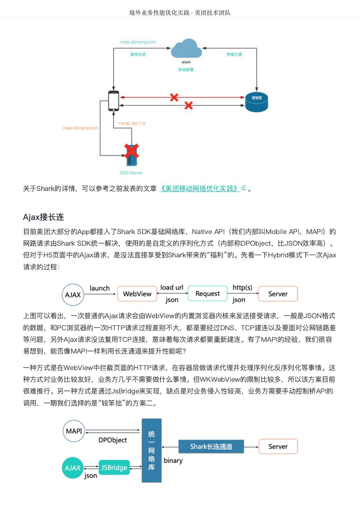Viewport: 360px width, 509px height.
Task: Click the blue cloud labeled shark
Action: pyautogui.click(x=186, y=49)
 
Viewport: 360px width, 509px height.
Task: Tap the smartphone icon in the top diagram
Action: pyautogui.click(x=114, y=101)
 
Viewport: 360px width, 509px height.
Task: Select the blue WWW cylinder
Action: pyautogui.click(x=256, y=102)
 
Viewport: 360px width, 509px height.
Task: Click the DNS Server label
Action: pyautogui.click(x=131, y=173)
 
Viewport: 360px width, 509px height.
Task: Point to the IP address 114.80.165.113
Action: pyautogui.click(x=131, y=123)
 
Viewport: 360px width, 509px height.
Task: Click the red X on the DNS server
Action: pyautogui.click(x=131, y=151)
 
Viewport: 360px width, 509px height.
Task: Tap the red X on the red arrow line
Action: pyautogui.click(x=174, y=97)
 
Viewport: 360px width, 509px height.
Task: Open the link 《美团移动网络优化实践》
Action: pyautogui.click(x=199, y=188)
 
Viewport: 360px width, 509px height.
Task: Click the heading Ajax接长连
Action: pyautogui.click(x=43, y=217)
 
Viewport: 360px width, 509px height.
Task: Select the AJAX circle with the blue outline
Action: pyautogui.click(x=73, y=294)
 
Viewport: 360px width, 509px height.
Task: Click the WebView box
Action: pyautogui.click(x=137, y=294)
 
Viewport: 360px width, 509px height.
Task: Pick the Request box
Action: pyautogui.click(x=207, y=293)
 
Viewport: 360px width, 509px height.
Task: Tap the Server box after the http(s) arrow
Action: pyautogui.click(x=278, y=294)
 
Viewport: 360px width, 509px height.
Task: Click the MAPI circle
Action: pyautogui.click(x=74, y=431)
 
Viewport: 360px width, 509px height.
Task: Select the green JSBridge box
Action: pyautogui.click(x=114, y=468)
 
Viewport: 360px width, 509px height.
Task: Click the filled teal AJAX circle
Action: pyautogui.click(x=73, y=468)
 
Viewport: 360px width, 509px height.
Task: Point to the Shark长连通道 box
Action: pyautogui.click(x=211, y=446)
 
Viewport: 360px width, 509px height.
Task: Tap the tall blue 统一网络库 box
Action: pyautogui.click(x=151, y=450)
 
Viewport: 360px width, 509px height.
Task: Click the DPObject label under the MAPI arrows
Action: pyautogui.click(x=112, y=440)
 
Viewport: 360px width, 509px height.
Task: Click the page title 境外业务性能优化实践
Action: pyautogui.click(x=159, y=13)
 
